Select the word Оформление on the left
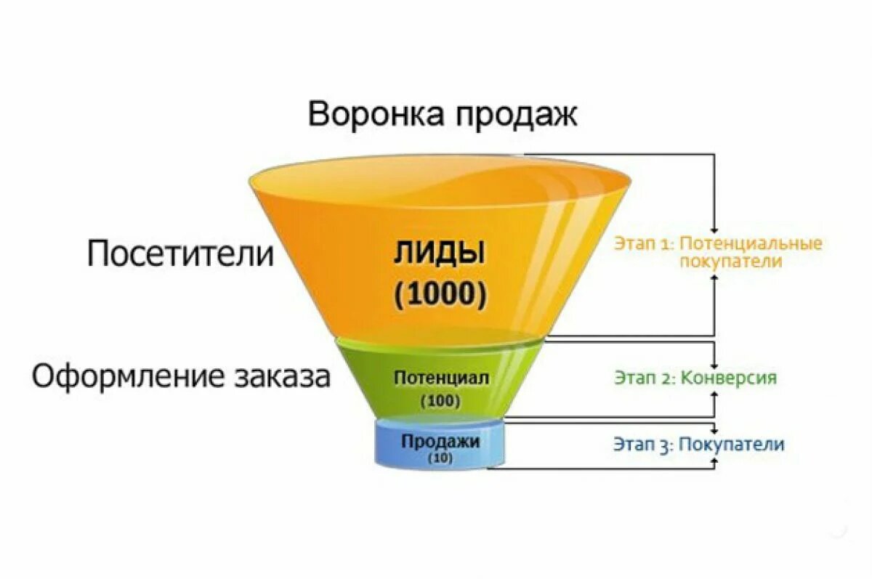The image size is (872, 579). pyautogui.click(x=126, y=376)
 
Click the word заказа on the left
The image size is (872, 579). pyautogui.click(x=282, y=376)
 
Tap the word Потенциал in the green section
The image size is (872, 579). pyautogui.click(x=441, y=378)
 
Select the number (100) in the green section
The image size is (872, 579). pyautogui.click(x=440, y=400)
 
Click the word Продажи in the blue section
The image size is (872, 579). pyautogui.click(x=440, y=441)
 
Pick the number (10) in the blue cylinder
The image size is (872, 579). pyautogui.click(x=440, y=458)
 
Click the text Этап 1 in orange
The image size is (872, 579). pyautogui.click(x=644, y=243)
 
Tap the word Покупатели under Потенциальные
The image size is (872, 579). pyautogui.click(x=731, y=262)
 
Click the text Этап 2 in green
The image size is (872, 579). pyautogui.click(x=644, y=378)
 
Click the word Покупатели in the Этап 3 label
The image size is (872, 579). pyautogui.click(x=732, y=444)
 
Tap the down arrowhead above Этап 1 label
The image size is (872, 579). pyautogui.click(x=716, y=227)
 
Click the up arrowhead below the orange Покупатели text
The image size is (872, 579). pyautogui.click(x=716, y=278)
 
